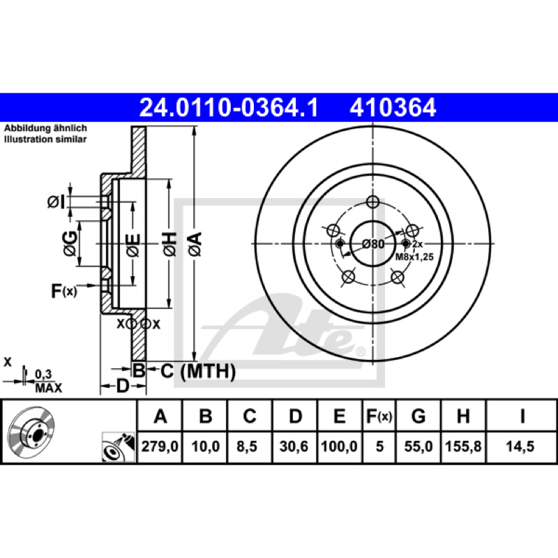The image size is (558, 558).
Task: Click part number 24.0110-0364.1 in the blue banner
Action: click(229, 107)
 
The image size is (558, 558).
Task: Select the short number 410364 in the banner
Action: click(393, 107)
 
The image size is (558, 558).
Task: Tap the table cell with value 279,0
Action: click(160, 446)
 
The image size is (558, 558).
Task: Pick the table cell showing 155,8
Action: click(463, 446)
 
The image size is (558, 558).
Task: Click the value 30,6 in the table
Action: click(294, 446)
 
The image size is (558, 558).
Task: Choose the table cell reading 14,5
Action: click(520, 446)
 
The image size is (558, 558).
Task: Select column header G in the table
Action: click(418, 416)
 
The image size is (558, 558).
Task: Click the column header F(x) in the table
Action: click(379, 416)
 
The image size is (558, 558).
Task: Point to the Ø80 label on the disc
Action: click(373, 244)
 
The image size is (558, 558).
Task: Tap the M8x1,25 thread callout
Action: click(414, 257)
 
